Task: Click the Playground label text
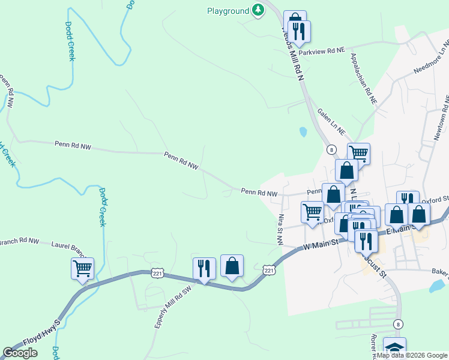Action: pos(228,11)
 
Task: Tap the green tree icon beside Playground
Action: pos(258,10)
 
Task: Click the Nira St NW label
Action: pos(280,229)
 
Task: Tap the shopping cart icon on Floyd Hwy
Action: pos(82,269)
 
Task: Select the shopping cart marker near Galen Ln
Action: pos(358,153)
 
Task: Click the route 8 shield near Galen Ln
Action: pos(331,149)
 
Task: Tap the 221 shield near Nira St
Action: pos(269,271)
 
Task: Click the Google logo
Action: pos(20,353)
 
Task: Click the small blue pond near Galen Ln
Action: pos(303,131)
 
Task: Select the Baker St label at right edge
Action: pos(439,271)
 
